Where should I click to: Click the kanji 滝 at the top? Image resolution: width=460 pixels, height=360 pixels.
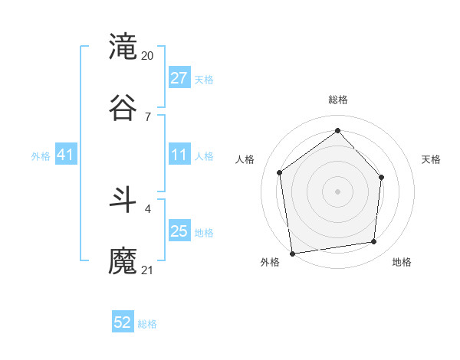point(123,47)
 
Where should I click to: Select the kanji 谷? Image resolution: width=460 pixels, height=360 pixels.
point(123,106)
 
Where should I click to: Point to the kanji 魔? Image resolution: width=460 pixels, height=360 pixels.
point(123,260)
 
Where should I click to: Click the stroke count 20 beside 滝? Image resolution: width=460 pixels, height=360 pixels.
point(148,56)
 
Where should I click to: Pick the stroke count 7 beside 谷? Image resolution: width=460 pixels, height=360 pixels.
point(147,116)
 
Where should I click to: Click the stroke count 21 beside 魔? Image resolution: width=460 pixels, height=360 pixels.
point(148,270)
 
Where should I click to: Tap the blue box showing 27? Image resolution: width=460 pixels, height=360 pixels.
point(179,78)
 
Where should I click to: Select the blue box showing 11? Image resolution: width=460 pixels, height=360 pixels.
point(179,155)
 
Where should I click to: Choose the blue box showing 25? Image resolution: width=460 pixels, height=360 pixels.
point(179,231)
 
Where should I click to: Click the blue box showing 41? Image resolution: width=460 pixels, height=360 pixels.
point(66,155)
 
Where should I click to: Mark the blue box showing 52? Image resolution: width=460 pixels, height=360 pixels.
point(123,322)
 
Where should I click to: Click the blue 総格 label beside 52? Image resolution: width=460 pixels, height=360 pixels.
point(147,324)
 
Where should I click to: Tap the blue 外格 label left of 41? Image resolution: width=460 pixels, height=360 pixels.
point(41,156)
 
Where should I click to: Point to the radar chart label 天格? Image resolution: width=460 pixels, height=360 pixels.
point(431,159)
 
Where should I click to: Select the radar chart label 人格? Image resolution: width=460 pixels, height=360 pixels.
point(245,159)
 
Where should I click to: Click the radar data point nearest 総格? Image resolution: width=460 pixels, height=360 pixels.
point(337,131)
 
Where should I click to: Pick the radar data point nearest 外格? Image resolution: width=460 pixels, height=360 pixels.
point(292,253)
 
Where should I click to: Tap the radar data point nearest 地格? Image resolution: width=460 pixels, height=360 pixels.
point(374,242)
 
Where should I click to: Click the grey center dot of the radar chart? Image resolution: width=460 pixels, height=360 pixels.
point(337,191)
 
